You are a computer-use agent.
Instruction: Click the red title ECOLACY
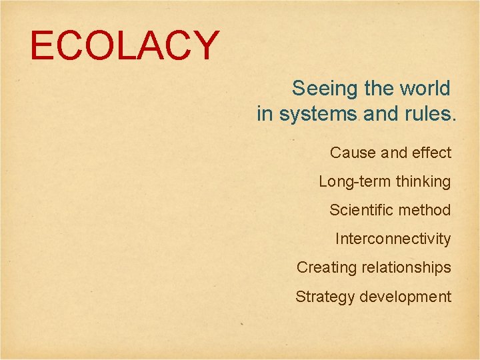point(125,46)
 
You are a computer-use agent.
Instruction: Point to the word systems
point(318,115)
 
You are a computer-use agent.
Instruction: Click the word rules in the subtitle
point(430,115)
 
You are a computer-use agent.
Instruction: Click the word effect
point(431,153)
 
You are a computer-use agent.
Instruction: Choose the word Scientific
point(357,210)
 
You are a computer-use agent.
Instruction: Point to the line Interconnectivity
point(393,239)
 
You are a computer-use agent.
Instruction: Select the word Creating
point(327,267)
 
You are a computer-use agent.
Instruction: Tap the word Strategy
point(325,297)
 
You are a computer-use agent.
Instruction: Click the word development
point(405,297)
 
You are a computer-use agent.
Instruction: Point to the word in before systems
point(265,115)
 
